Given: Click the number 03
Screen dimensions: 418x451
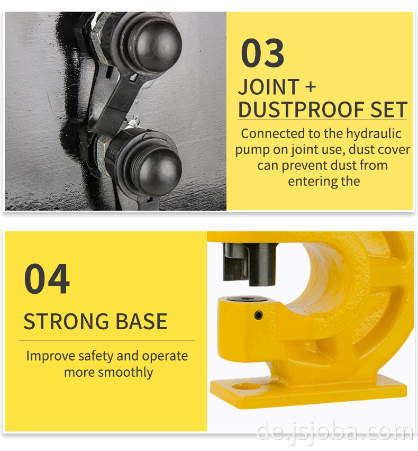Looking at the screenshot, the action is (262, 53).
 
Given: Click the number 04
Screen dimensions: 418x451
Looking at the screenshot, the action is (47, 279).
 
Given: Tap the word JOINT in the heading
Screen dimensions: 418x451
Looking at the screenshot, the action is (269, 87).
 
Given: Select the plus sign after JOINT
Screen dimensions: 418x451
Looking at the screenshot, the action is (311, 87).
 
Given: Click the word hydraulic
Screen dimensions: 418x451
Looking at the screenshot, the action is (374, 134).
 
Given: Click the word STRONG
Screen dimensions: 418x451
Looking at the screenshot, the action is (66, 321).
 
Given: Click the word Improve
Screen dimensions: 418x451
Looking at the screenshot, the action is (51, 356).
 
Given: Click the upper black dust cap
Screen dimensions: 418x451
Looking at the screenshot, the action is (155, 44).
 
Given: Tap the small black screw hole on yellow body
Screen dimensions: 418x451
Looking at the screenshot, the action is (258, 315).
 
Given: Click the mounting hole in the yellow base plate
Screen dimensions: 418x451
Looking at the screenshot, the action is (246, 386).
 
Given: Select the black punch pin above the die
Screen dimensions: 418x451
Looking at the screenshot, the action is (262, 264).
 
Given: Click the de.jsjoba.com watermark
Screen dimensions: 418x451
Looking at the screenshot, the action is (334, 431).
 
